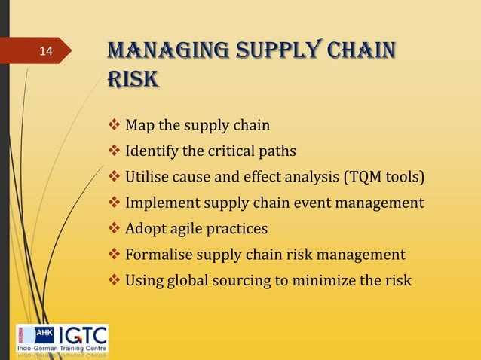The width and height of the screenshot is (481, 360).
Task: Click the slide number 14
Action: (x=46, y=52)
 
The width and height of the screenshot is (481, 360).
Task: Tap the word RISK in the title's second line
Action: (x=133, y=78)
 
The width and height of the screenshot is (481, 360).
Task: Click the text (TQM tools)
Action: (x=384, y=177)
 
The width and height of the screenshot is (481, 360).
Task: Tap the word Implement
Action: (x=160, y=203)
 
